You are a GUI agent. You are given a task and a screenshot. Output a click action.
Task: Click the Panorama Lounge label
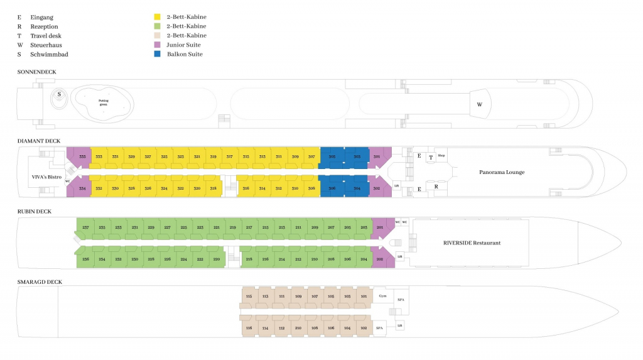point(501,172)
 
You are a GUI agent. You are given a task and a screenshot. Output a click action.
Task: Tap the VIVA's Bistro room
point(46,177)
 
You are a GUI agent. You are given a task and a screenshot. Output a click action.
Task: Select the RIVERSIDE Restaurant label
point(472,243)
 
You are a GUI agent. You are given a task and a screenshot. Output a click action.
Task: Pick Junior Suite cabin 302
point(377,188)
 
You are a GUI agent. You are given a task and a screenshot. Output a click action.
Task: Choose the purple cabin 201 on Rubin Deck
point(379,227)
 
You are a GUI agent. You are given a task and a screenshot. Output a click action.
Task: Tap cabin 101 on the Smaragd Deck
point(364,296)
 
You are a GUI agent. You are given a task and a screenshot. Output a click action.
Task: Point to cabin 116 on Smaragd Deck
point(249,327)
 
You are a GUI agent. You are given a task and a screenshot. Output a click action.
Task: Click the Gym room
point(383,295)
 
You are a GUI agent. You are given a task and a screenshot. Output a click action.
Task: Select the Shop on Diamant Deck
point(441,156)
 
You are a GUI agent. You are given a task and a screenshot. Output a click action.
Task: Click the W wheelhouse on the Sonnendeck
point(480,104)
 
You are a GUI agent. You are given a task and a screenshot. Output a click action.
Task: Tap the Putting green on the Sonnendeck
point(103,102)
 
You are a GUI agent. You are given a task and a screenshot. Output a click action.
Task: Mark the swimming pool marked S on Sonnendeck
point(59,94)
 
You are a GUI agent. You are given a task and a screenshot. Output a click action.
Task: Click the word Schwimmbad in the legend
point(49,54)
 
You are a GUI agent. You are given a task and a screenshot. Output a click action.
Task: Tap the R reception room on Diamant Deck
point(436,187)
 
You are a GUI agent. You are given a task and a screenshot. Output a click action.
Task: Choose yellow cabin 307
point(311,157)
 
